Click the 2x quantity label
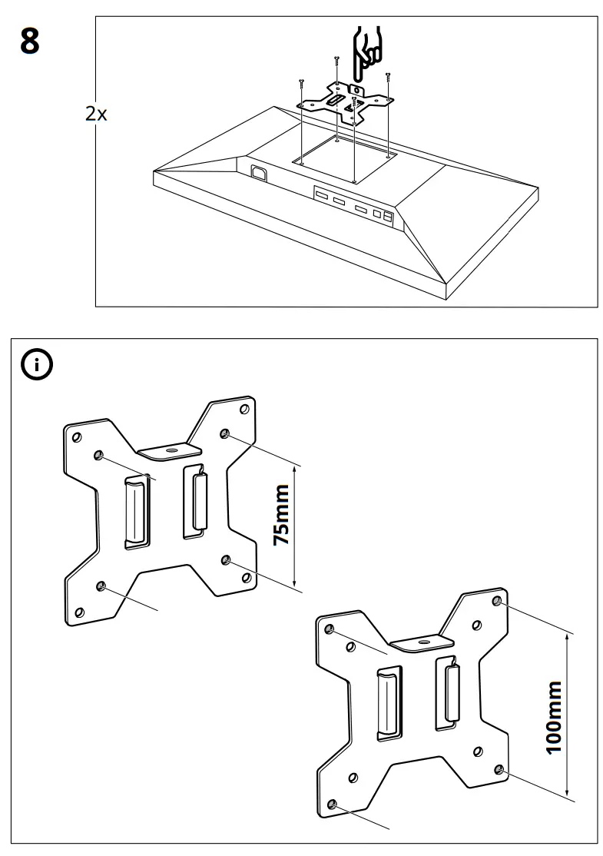pyautogui.click(x=96, y=114)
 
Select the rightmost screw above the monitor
pyautogui.click(x=389, y=76)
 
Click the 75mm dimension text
pyautogui.click(x=282, y=514)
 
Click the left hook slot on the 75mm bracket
pyautogui.click(x=136, y=511)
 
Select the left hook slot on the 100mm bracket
pyautogui.click(x=389, y=703)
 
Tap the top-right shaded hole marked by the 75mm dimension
pyautogui.click(x=224, y=434)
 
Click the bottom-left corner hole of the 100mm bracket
pyautogui.click(x=331, y=804)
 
